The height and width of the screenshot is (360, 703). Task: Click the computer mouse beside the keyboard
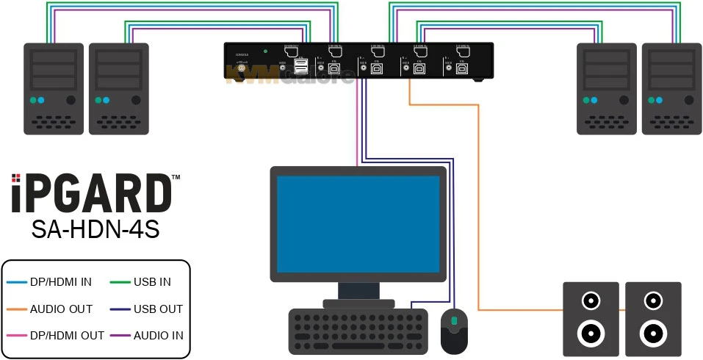coord(454,330)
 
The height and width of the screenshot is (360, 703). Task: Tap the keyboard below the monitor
coord(358,331)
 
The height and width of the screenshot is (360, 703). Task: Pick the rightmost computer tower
coord(671,88)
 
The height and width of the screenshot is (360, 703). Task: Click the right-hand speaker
coord(653,320)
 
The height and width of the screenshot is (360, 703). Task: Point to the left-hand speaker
coord(591,320)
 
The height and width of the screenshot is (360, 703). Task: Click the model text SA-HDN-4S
coord(95,229)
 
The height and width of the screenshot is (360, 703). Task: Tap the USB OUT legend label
coord(158,309)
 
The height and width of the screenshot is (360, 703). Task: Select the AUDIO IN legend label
coord(158,336)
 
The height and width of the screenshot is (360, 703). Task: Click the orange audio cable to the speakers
coord(479,220)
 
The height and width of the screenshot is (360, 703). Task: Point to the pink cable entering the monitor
coord(357,125)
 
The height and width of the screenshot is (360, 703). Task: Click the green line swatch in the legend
coord(120,281)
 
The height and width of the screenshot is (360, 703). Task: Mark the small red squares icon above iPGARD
coord(16,177)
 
